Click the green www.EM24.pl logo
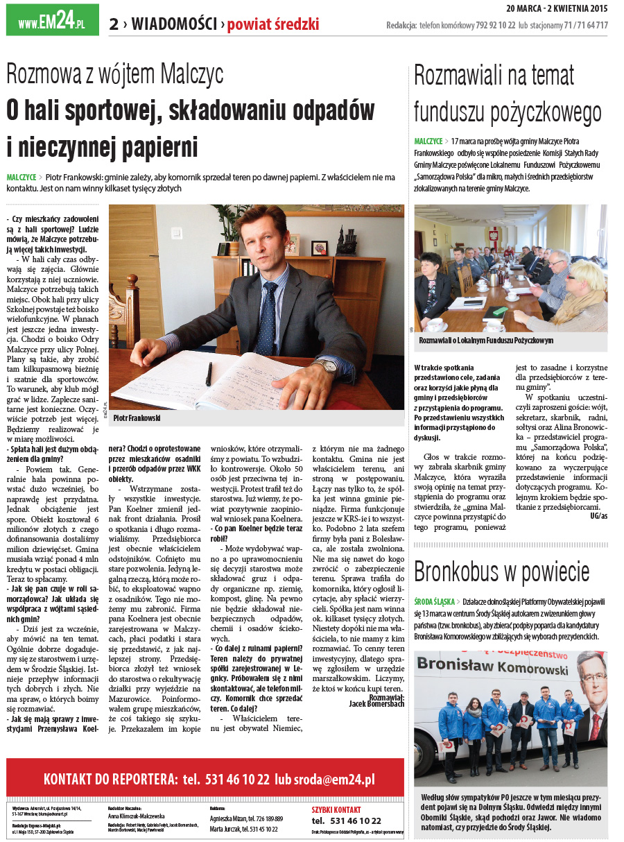point(52,20)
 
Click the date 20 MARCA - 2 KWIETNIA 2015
point(557,9)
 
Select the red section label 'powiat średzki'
point(273,25)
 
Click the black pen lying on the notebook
point(209,373)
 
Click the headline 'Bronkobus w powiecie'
point(501,572)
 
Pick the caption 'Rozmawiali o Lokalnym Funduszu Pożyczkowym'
point(486,341)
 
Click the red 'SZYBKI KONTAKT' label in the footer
point(336,809)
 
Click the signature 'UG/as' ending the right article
point(598,516)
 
